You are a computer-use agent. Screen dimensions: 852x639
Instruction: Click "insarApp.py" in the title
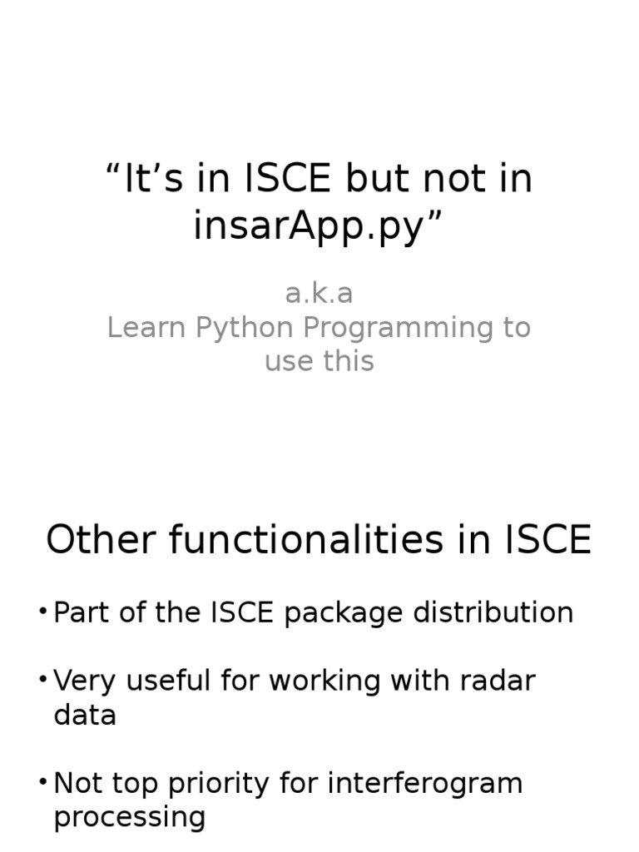click(309, 226)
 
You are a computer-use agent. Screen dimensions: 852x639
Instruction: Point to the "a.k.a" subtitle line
click(319, 293)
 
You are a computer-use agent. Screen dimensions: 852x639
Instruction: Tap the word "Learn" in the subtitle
click(147, 328)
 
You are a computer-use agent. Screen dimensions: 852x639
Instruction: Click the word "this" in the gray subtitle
click(349, 361)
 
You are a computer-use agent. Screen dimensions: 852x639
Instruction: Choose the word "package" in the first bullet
click(339, 613)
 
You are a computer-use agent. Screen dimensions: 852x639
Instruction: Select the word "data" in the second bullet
click(85, 715)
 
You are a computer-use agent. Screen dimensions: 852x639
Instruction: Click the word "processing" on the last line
click(129, 817)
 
